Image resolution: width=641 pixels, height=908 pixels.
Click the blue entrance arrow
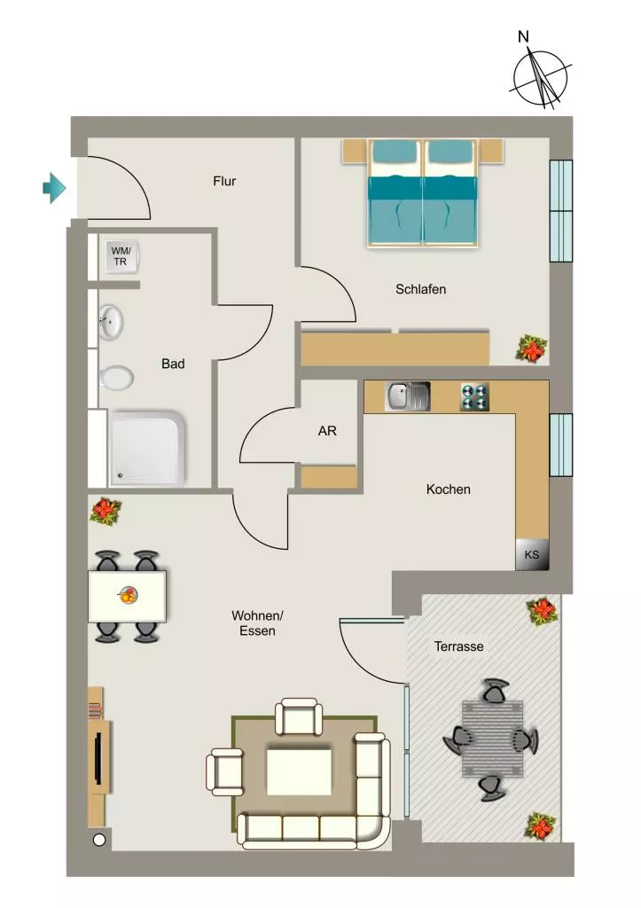pos(54,188)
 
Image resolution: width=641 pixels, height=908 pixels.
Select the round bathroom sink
pos(110,322)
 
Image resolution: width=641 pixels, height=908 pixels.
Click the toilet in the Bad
pos(116,378)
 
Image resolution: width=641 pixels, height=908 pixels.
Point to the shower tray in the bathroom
pos(148,448)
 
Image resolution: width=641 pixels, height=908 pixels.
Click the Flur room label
pos(224,181)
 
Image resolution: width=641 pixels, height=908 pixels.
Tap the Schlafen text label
pos(421,289)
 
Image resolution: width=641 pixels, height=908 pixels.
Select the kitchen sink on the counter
pos(407,396)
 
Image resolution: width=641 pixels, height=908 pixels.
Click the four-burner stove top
pos(475,396)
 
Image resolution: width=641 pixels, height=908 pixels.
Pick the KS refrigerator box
pos(532,554)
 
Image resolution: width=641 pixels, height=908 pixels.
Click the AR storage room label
pos(327,431)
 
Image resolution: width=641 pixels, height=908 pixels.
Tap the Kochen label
pos(449,489)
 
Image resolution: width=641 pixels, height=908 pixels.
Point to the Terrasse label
pos(458,646)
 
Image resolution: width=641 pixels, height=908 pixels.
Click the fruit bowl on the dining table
pos(129,595)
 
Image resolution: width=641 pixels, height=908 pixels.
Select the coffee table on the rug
pos(300,772)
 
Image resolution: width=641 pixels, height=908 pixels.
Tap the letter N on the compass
pos(523,37)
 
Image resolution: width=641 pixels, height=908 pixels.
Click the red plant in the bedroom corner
pos(532,348)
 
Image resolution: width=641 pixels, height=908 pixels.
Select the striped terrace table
pos(492,740)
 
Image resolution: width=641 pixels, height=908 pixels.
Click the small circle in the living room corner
pos(99,840)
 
